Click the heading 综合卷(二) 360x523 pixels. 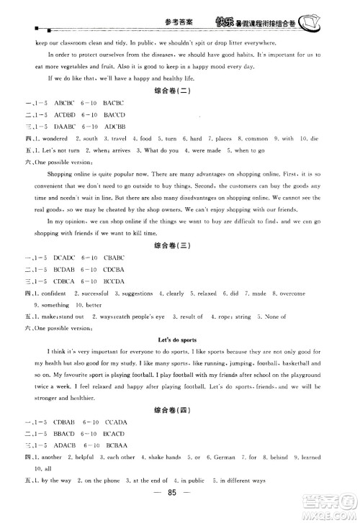[x=180, y=91]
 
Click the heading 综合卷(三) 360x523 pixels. [x=180, y=246]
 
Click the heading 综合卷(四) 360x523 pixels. [x=180, y=409]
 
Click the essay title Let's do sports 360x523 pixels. [x=179, y=339]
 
